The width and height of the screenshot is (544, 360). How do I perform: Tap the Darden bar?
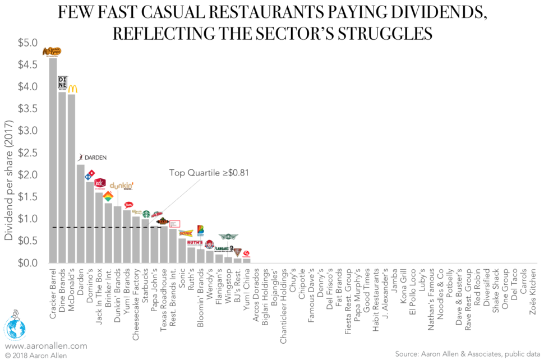click(80, 214)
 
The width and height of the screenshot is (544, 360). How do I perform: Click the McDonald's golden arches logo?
click(73, 89)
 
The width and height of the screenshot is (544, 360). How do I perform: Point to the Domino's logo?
click(89, 176)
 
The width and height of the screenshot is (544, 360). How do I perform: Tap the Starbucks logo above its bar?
click(145, 214)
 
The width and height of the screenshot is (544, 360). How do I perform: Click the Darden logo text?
click(93, 158)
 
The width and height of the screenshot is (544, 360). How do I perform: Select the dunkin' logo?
click(122, 186)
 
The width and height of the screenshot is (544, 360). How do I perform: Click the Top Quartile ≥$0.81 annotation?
click(209, 173)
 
